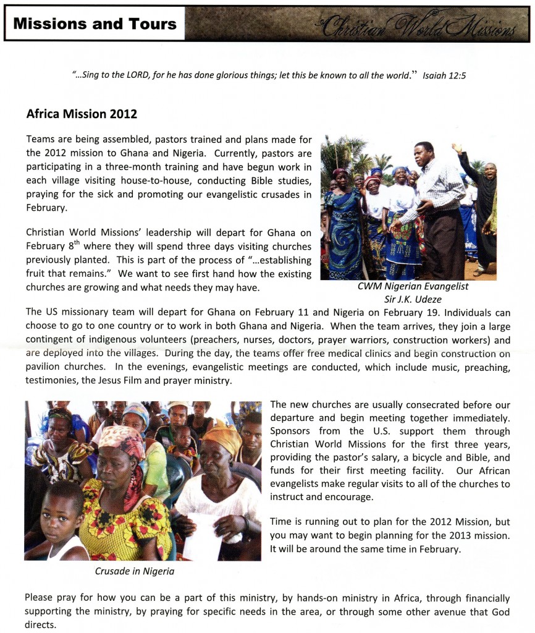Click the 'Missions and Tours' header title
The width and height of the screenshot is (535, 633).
(x=95, y=24)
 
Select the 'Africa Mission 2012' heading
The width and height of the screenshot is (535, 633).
(x=82, y=114)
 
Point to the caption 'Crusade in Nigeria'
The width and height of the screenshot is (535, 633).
(x=134, y=571)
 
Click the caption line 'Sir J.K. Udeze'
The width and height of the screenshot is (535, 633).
(x=413, y=299)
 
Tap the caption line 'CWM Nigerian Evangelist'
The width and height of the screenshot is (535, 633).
(x=413, y=286)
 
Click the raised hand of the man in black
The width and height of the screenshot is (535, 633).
(x=457, y=149)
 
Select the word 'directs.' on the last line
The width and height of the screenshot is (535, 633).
(x=41, y=624)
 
